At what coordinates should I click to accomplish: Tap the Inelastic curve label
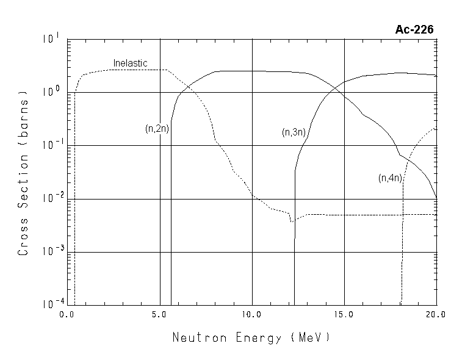(131, 63)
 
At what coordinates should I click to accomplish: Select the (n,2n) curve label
(157, 129)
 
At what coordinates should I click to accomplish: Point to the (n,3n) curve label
(294, 132)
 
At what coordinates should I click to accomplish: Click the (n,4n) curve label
(390, 178)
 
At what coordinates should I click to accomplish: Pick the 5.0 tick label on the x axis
(159, 315)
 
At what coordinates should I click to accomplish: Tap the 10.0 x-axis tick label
(252, 315)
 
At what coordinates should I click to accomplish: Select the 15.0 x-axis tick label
(344, 315)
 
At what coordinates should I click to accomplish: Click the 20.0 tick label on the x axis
(436, 315)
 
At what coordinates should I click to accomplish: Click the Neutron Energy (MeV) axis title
(251, 337)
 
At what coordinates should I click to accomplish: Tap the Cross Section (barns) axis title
(23, 174)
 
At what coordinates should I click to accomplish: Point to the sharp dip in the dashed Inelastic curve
(292, 221)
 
